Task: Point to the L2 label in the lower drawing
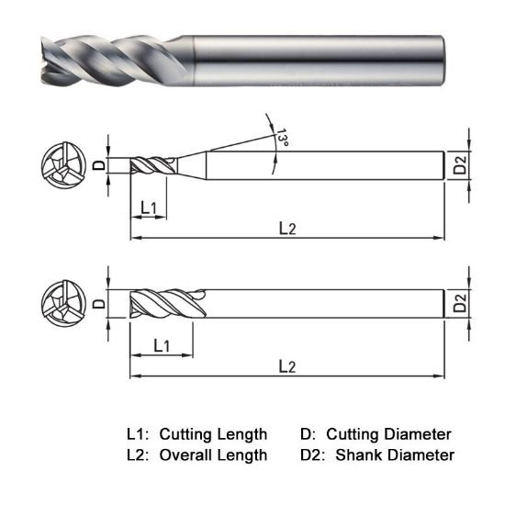287,365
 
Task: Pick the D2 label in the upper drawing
461,165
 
